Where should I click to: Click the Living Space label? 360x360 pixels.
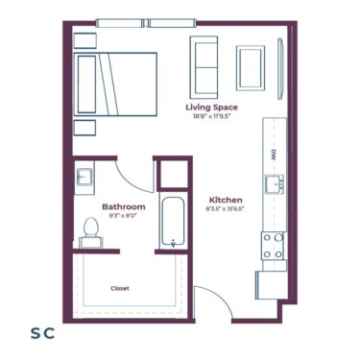click(x=211, y=108)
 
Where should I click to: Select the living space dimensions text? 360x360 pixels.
click(x=211, y=117)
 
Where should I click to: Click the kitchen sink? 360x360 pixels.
click(x=273, y=183)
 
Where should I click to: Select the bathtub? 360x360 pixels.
click(x=174, y=222)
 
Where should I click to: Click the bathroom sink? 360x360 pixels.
click(x=84, y=178)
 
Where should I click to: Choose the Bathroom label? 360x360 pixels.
click(x=124, y=206)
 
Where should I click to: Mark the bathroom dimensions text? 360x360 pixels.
click(x=124, y=216)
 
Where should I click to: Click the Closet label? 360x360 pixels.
click(x=120, y=288)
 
